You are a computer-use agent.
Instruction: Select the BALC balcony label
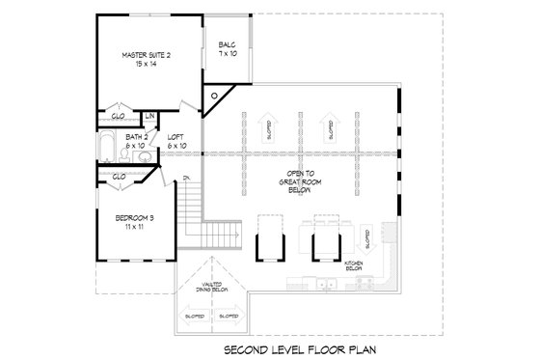pos(227,44)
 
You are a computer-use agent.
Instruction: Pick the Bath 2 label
pos(136,138)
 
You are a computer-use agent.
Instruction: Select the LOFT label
pos(175,137)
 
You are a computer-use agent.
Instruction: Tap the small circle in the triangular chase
pos(215,97)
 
